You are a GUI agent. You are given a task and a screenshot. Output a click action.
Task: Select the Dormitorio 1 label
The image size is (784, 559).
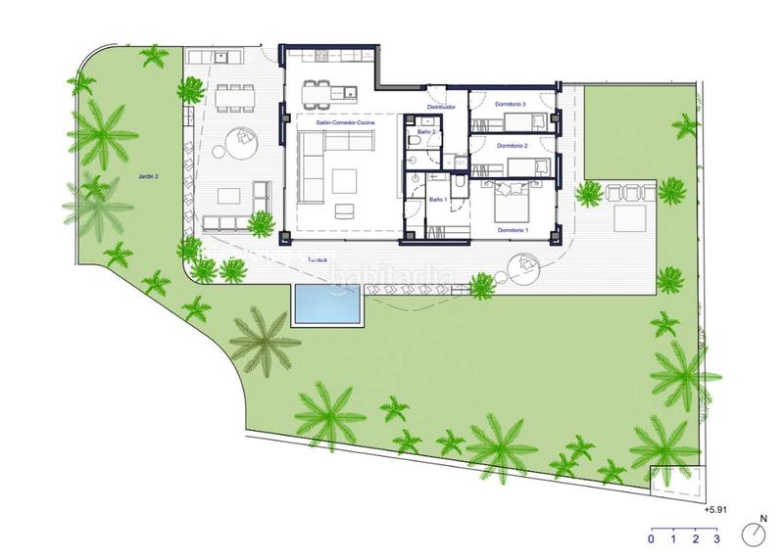point(513,229)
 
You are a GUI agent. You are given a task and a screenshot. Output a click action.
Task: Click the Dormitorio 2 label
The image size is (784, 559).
point(513,145)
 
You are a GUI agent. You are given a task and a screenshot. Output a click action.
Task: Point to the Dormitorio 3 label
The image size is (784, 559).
point(513,104)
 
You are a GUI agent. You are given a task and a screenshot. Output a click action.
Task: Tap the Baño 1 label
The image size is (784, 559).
point(438,200)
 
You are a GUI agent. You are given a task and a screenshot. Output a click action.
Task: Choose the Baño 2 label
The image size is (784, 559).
point(425,130)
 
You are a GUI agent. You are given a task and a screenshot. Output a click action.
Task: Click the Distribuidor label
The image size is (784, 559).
point(442,106)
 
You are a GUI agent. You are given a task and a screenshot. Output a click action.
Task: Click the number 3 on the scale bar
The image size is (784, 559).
point(717,538)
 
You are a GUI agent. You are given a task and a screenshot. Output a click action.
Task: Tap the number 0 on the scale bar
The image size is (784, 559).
point(652,538)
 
